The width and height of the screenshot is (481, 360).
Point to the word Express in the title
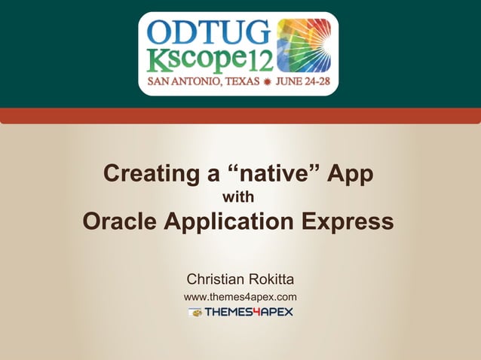pyautogui.click(x=347, y=222)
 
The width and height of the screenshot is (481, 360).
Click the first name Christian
pyautogui.click(x=216, y=280)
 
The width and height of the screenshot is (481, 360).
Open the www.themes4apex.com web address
pyautogui.click(x=240, y=297)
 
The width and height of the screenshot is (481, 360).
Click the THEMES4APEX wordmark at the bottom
pyautogui.click(x=249, y=312)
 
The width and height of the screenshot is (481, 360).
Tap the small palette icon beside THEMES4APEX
pyautogui.click(x=195, y=312)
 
